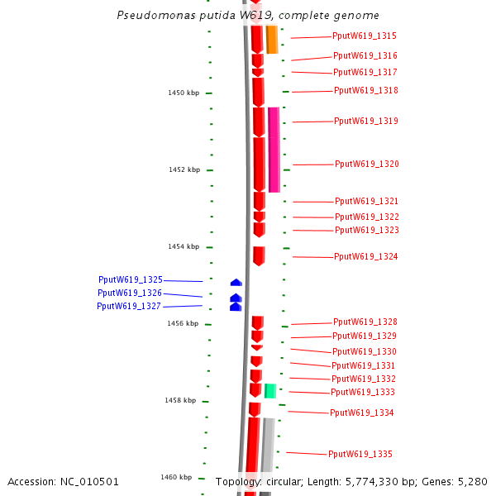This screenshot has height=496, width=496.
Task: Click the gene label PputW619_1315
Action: click(x=365, y=36)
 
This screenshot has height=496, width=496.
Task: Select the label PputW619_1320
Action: click(x=367, y=165)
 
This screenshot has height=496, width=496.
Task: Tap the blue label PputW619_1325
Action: click(x=131, y=280)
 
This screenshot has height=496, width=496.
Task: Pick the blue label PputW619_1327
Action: click(x=129, y=307)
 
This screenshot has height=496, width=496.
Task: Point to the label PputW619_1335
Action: click(x=360, y=454)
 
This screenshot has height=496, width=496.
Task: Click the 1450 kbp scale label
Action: click(x=184, y=93)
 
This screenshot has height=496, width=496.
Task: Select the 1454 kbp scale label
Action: click(x=184, y=247)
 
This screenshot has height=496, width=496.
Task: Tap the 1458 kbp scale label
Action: click(x=180, y=401)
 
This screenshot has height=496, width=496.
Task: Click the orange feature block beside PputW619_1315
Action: click(x=272, y=40)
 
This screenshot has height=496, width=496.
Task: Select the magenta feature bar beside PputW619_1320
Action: click(x=274, y=150)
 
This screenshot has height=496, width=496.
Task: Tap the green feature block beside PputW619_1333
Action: click(x=269, y=390)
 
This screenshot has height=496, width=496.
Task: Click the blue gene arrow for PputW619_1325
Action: click(x=236, y=283)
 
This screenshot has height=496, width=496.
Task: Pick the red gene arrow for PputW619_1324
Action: click(x=259, y=255)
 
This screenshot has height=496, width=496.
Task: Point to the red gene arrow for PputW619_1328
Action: click(x=258, y=322)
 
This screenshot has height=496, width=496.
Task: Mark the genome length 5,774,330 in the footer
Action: click(x=376, y=481)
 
